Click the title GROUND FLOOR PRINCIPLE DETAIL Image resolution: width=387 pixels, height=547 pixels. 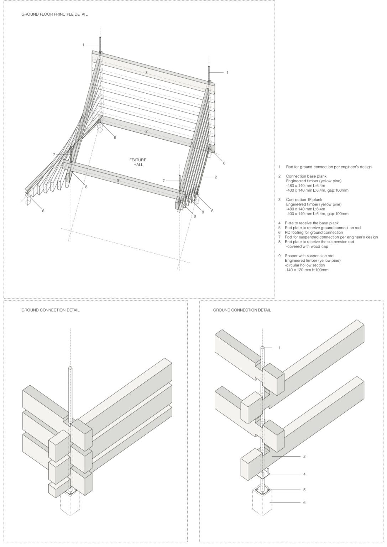click(x=54, y=14)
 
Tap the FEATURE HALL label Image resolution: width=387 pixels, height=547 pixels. click(x=137, y=162)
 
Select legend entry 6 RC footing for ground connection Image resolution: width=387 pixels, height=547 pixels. click(x=313, y=232)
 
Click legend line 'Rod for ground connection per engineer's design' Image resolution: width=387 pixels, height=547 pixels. click(x=328, y=167)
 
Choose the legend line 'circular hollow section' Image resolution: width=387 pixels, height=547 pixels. click(x=305, y=265)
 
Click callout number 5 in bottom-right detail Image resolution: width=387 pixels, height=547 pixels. click(x=304, y=490)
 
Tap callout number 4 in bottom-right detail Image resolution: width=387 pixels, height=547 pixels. click(x=304, y=474)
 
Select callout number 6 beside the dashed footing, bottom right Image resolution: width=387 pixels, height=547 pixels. click(x=304, y=502)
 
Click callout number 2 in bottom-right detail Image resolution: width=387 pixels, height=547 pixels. click(x=304, y=456)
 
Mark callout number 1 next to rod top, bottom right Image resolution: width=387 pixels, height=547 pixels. click(x=279, y=348)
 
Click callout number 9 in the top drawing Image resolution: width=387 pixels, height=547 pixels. click(x=203, y=212)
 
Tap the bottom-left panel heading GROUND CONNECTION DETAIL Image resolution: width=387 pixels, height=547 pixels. click(x=50, y=310)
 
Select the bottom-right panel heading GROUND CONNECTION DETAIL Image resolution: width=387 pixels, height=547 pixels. click(x=242, y=310)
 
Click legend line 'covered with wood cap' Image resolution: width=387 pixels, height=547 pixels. click(x=307, y=246)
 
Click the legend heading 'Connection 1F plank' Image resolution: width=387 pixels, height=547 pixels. click(x=304, y=199)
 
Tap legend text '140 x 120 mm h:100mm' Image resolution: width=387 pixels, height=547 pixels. click(x=307, y=270)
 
